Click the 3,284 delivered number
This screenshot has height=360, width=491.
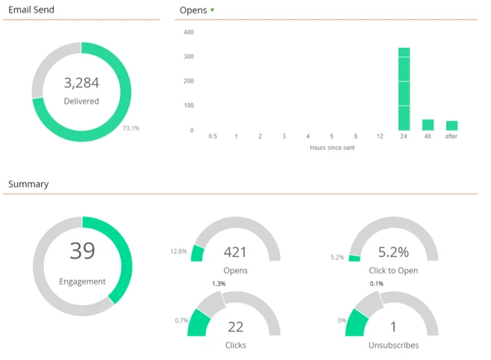click(81, 83)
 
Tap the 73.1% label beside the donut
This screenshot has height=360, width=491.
click(131, 128)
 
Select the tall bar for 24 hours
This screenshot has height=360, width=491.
click(404, 89)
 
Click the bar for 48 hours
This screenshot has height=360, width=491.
click(428, 125)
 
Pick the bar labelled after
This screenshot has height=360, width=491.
click(451, 125)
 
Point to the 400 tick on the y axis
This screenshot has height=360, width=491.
click(188, 32)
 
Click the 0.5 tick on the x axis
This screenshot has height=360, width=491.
click(213, 137)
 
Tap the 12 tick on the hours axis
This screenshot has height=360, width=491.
click(380, 137)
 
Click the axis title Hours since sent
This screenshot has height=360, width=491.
click(332, 148)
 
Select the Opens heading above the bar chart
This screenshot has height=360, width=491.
click(193, 10)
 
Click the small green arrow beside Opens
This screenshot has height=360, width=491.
click(213, 10)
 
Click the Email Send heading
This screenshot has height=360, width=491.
click(31, 10)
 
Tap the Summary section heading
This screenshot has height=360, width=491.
click(28, 184)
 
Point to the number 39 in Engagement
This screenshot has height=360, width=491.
click(82, 251)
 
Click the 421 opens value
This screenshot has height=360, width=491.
click(235, 252)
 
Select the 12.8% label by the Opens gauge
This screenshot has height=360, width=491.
click(178, 251)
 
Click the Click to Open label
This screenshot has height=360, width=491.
click(393, 270)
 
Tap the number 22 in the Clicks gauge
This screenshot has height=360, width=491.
click(235, 327)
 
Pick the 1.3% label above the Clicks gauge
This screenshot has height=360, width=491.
click(218, 284)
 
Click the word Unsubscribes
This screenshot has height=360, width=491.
click(393, 345)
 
